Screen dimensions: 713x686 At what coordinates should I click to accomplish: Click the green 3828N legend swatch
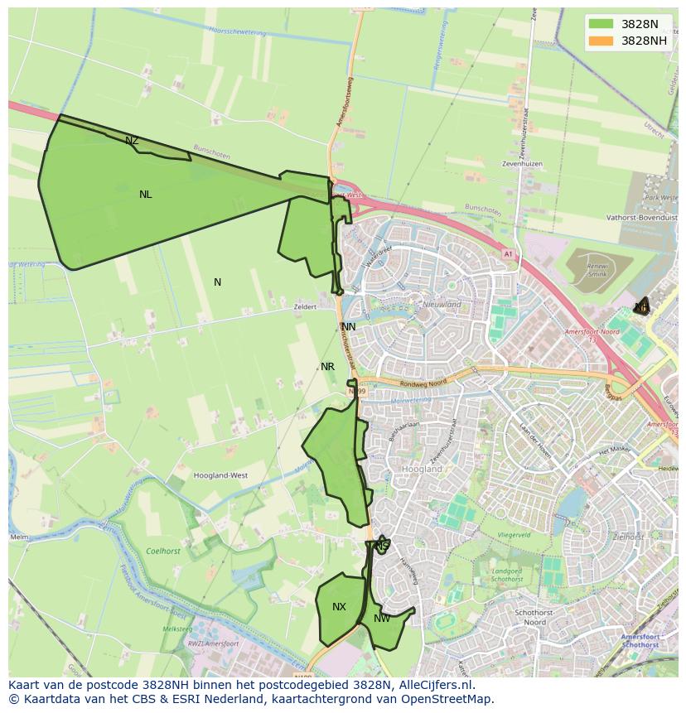[601, 24]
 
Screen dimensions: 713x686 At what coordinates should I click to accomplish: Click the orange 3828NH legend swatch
[601, 41]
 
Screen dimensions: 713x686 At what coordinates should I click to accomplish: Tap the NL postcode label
[146, 195]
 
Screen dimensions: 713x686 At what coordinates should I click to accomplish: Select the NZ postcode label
[132, 141]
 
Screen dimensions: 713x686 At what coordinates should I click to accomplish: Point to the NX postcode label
[339, 607]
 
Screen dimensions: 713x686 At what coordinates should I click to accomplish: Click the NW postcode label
[382, 619]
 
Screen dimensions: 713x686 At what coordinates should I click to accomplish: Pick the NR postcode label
[327, 367]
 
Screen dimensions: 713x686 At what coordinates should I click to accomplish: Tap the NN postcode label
[349, 327]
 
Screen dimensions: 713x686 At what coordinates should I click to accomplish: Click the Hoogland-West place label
[220, 475]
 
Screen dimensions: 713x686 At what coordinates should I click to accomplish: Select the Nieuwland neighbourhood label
[442, 305]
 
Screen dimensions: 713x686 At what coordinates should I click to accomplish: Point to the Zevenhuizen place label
[522, 164]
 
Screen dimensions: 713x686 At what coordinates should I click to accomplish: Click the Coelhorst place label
[162, 551]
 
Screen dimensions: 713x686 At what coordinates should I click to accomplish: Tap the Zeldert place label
[305, 306]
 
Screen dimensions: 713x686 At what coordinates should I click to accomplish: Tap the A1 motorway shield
[507, 255]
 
